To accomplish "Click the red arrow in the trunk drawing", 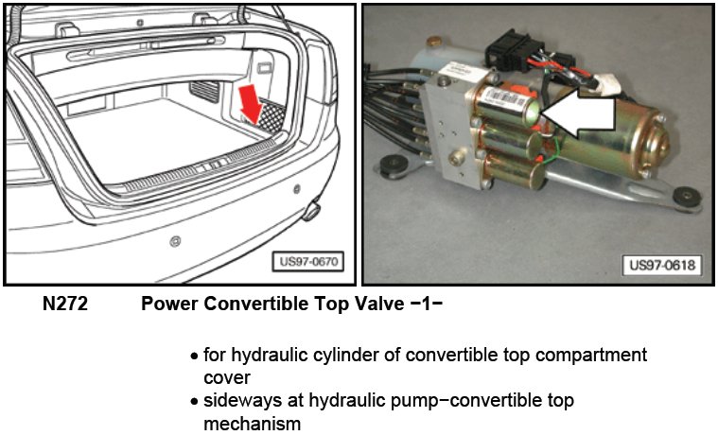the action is [251, 104].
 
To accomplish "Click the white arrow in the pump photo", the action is [578, 113].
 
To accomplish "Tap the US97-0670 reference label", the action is [307, 262].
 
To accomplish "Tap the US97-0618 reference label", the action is [661, 265].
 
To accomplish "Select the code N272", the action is [64, 304].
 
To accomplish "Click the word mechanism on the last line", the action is [252, 423].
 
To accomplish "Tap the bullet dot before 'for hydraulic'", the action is [195, 356].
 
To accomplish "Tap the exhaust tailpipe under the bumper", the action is [311, 212].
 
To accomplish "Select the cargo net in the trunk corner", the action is [271, 116].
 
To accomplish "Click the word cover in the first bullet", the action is [227, 378].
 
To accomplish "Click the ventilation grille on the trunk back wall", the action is [204, 92].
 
